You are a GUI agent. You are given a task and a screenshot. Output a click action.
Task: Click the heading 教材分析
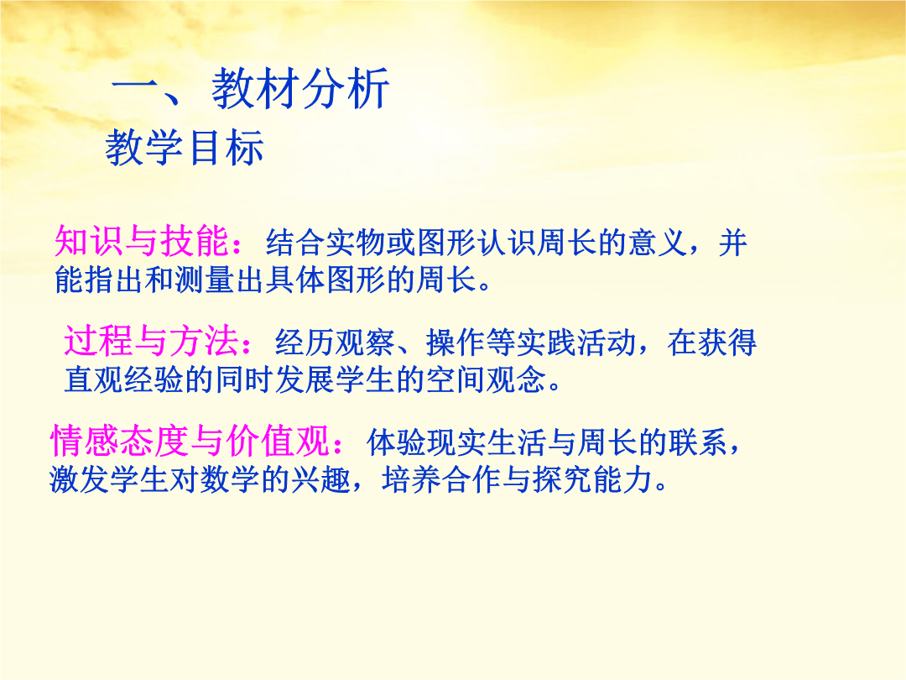[x=300, y=88]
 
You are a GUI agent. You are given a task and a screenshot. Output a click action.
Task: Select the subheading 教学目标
[x=185, y=148]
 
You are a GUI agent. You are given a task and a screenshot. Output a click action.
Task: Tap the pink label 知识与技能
[x=142, y=241]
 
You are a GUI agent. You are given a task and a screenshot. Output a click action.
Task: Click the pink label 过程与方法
[x=151, y=340]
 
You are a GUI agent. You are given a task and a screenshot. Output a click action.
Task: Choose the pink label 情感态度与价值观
[x=190, y=441]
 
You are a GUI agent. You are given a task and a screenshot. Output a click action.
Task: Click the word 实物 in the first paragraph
[x=356, y=243]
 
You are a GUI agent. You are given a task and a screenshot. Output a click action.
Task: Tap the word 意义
[x=659, y=243]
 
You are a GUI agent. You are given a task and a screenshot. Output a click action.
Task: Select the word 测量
[x=205, y=280]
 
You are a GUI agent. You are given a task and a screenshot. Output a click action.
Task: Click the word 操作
[x=456, y=343]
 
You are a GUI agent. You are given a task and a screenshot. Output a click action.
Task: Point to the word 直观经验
[x=124, y=380]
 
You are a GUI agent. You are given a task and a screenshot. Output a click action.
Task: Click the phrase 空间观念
[x=487, y=380]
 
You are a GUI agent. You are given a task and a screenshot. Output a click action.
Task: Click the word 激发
[x=79, y=480]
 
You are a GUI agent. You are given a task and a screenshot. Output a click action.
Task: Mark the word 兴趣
[x=320, y=480]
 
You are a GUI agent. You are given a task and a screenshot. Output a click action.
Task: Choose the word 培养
[x=412, y=480]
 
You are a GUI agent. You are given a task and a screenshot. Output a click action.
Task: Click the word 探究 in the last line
[x=563, y=480]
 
